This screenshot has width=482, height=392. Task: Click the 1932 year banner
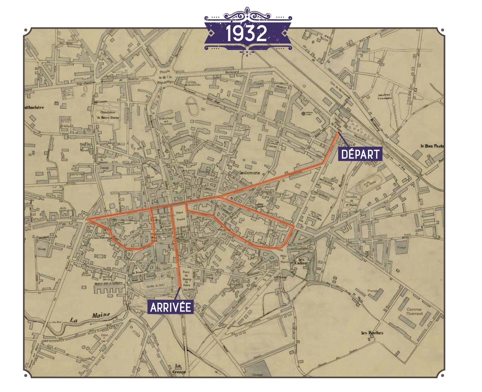[247, 33]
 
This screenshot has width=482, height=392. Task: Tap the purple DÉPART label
[360, 154]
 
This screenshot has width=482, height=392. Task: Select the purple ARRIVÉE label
[170, 307]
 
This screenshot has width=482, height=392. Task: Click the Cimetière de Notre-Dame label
[107, 115]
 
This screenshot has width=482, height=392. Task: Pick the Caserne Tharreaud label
[414, 311]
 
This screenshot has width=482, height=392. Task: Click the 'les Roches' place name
[372, 333]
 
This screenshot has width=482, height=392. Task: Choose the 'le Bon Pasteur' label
[432, 146]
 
